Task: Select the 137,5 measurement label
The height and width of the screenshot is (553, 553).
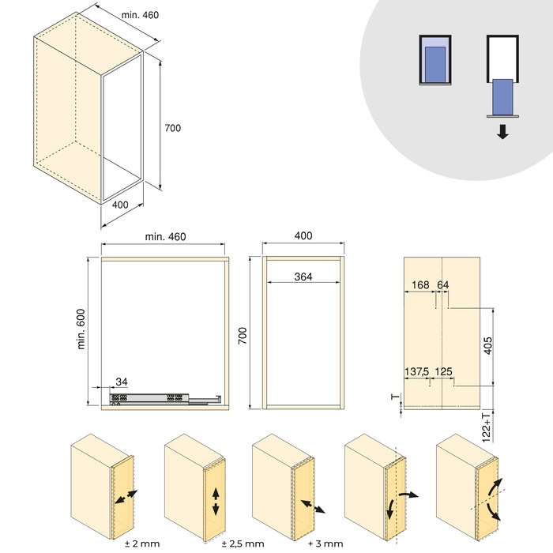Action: point(417,371)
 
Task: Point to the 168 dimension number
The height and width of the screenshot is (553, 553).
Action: point(420,284)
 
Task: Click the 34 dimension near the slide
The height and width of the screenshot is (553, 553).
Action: point(120,382)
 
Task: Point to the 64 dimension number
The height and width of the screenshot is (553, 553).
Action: point(442,284)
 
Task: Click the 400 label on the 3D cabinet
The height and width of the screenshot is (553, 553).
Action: point(120,205)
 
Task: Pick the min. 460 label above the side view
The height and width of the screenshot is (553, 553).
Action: point(166,236)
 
